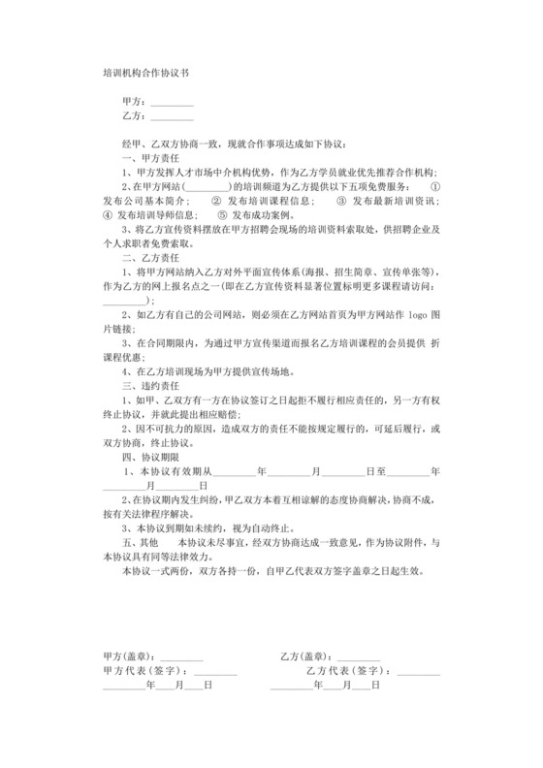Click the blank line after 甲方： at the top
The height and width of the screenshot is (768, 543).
click(x=172, y=101)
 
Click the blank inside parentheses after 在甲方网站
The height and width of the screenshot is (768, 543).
click(x=206, y=186)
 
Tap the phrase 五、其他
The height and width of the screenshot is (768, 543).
click(x=140, y=543)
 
